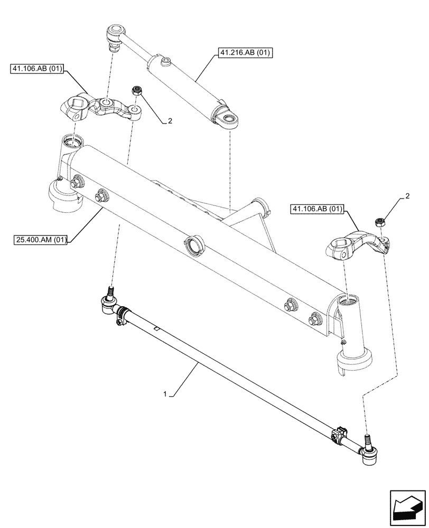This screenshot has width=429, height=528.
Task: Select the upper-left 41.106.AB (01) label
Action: click(x=36, y=69)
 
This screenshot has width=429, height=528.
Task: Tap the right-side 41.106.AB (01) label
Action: click(x=316, y=210)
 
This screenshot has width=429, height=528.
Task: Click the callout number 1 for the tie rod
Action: click(x=166, y=394)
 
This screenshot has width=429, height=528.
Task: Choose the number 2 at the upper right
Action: click(x=407, y=196)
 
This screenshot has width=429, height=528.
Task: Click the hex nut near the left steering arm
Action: click(x=136, y=91)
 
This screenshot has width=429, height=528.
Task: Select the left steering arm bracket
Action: click(x=100, y=106)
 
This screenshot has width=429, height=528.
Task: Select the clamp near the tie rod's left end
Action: click(x=122, y=314)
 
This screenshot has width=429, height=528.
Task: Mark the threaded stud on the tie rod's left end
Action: click(x=111, y=290)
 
